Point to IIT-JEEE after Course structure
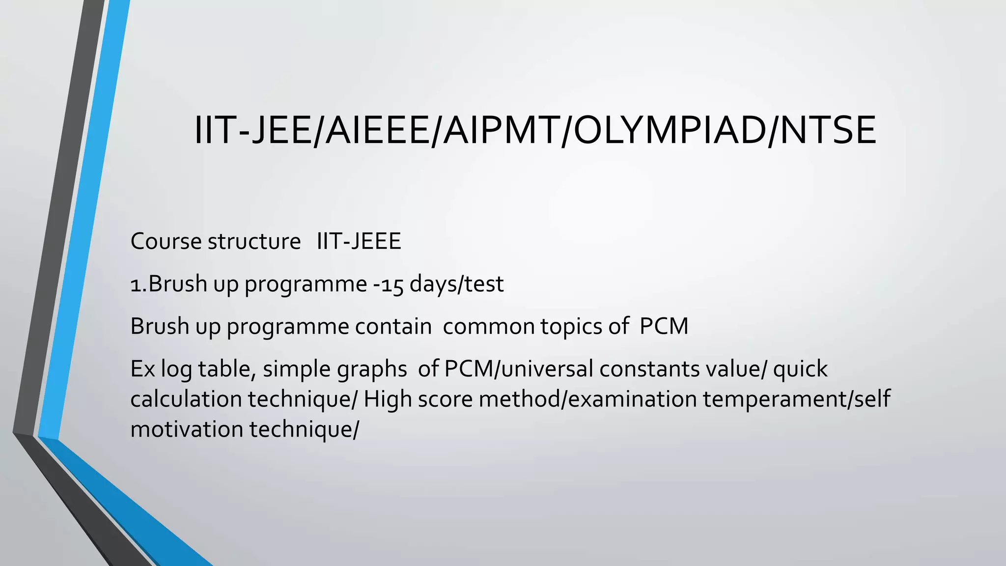tap(359, 241)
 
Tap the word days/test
tap(456, 284)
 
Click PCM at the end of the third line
tap(664, 327)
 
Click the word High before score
tap(388, 399)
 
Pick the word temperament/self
tap(796, 399)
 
